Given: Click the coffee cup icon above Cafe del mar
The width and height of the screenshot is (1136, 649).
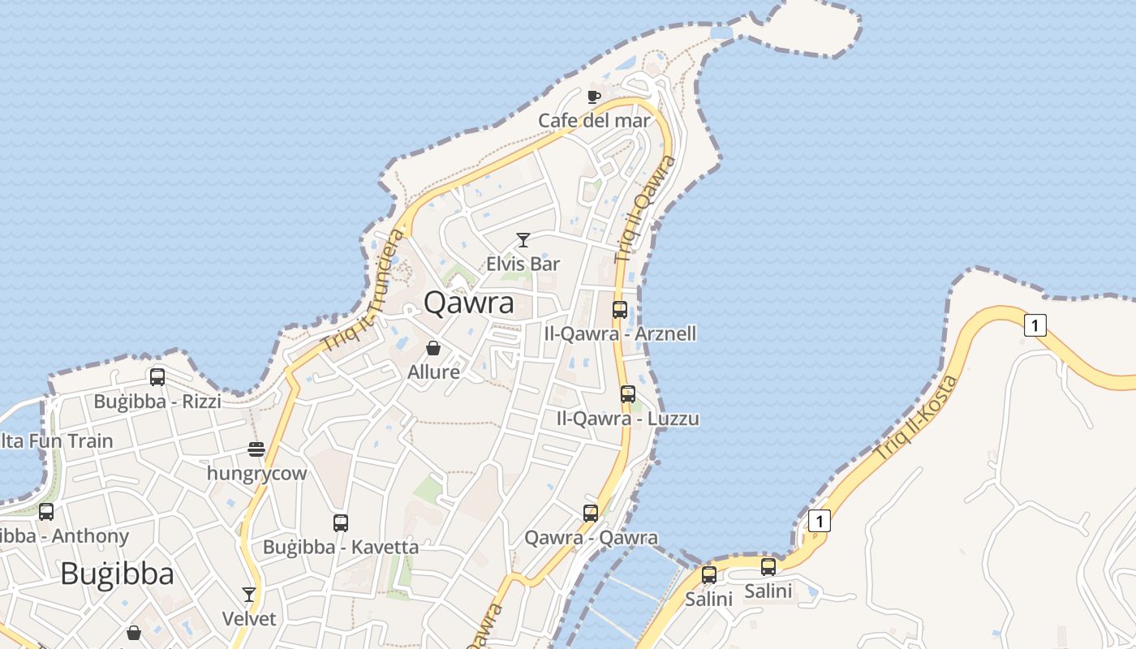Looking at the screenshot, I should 594,97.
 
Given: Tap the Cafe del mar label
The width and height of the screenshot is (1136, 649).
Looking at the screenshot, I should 595,121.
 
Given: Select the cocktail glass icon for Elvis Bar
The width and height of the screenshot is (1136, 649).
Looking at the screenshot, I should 523,240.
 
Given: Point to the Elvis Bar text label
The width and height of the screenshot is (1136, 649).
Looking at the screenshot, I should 523,264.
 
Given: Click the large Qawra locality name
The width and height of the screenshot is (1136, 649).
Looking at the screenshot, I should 469,303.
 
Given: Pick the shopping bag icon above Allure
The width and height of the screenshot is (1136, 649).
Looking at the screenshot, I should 433,348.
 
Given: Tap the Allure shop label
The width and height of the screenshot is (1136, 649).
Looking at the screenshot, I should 433,372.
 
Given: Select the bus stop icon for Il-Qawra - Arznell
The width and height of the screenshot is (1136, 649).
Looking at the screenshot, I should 620,309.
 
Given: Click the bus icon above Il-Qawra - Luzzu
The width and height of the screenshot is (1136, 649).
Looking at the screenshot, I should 628,394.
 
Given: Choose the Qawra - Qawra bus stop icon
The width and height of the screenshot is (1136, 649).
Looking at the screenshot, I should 591,513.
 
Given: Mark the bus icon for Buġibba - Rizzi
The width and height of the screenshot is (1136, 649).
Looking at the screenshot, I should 157,377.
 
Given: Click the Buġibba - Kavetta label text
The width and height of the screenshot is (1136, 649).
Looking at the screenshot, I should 341,547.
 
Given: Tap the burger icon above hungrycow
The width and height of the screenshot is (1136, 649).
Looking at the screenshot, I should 256,449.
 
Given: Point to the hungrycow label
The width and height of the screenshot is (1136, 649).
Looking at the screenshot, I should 257,473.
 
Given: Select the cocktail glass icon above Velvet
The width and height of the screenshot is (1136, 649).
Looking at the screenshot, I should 249,595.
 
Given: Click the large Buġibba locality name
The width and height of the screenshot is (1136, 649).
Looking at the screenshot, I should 117,574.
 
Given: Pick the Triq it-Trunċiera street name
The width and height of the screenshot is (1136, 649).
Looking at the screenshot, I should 364,290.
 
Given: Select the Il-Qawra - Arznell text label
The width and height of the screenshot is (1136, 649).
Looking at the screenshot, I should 620,333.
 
